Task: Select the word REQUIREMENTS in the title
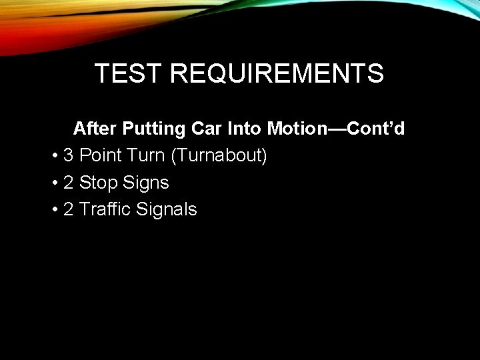277,73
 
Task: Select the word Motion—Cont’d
336,128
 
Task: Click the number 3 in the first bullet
68,156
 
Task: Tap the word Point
101,156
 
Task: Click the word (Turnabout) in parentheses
219,156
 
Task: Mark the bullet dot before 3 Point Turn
53,157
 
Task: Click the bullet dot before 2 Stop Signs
53,183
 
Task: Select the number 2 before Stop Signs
68,183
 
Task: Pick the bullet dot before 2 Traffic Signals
53,210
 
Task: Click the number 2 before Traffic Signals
68,209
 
